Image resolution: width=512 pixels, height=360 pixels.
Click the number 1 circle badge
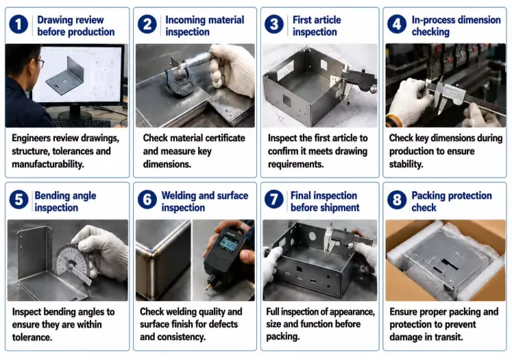coord(19,25)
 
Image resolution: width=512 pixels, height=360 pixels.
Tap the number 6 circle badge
coord(147,200)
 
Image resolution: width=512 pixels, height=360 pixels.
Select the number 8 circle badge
coord(397,200)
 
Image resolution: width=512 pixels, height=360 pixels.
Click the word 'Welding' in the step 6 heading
coord(179,195)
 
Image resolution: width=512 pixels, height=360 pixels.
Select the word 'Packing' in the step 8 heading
coord(428,195)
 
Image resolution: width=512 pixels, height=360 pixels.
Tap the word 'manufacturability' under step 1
coord(47,164)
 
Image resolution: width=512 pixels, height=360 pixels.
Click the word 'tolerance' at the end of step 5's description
coord(31,337)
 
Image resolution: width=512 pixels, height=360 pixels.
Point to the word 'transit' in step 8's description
coord(449,337)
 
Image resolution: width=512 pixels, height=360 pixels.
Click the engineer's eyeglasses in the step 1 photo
coord(40,63)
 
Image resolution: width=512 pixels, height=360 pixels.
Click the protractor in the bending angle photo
coord(73,262)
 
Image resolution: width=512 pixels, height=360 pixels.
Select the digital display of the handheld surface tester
coord(228,243)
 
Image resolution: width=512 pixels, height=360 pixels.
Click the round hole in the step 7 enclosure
coord(312,236)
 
